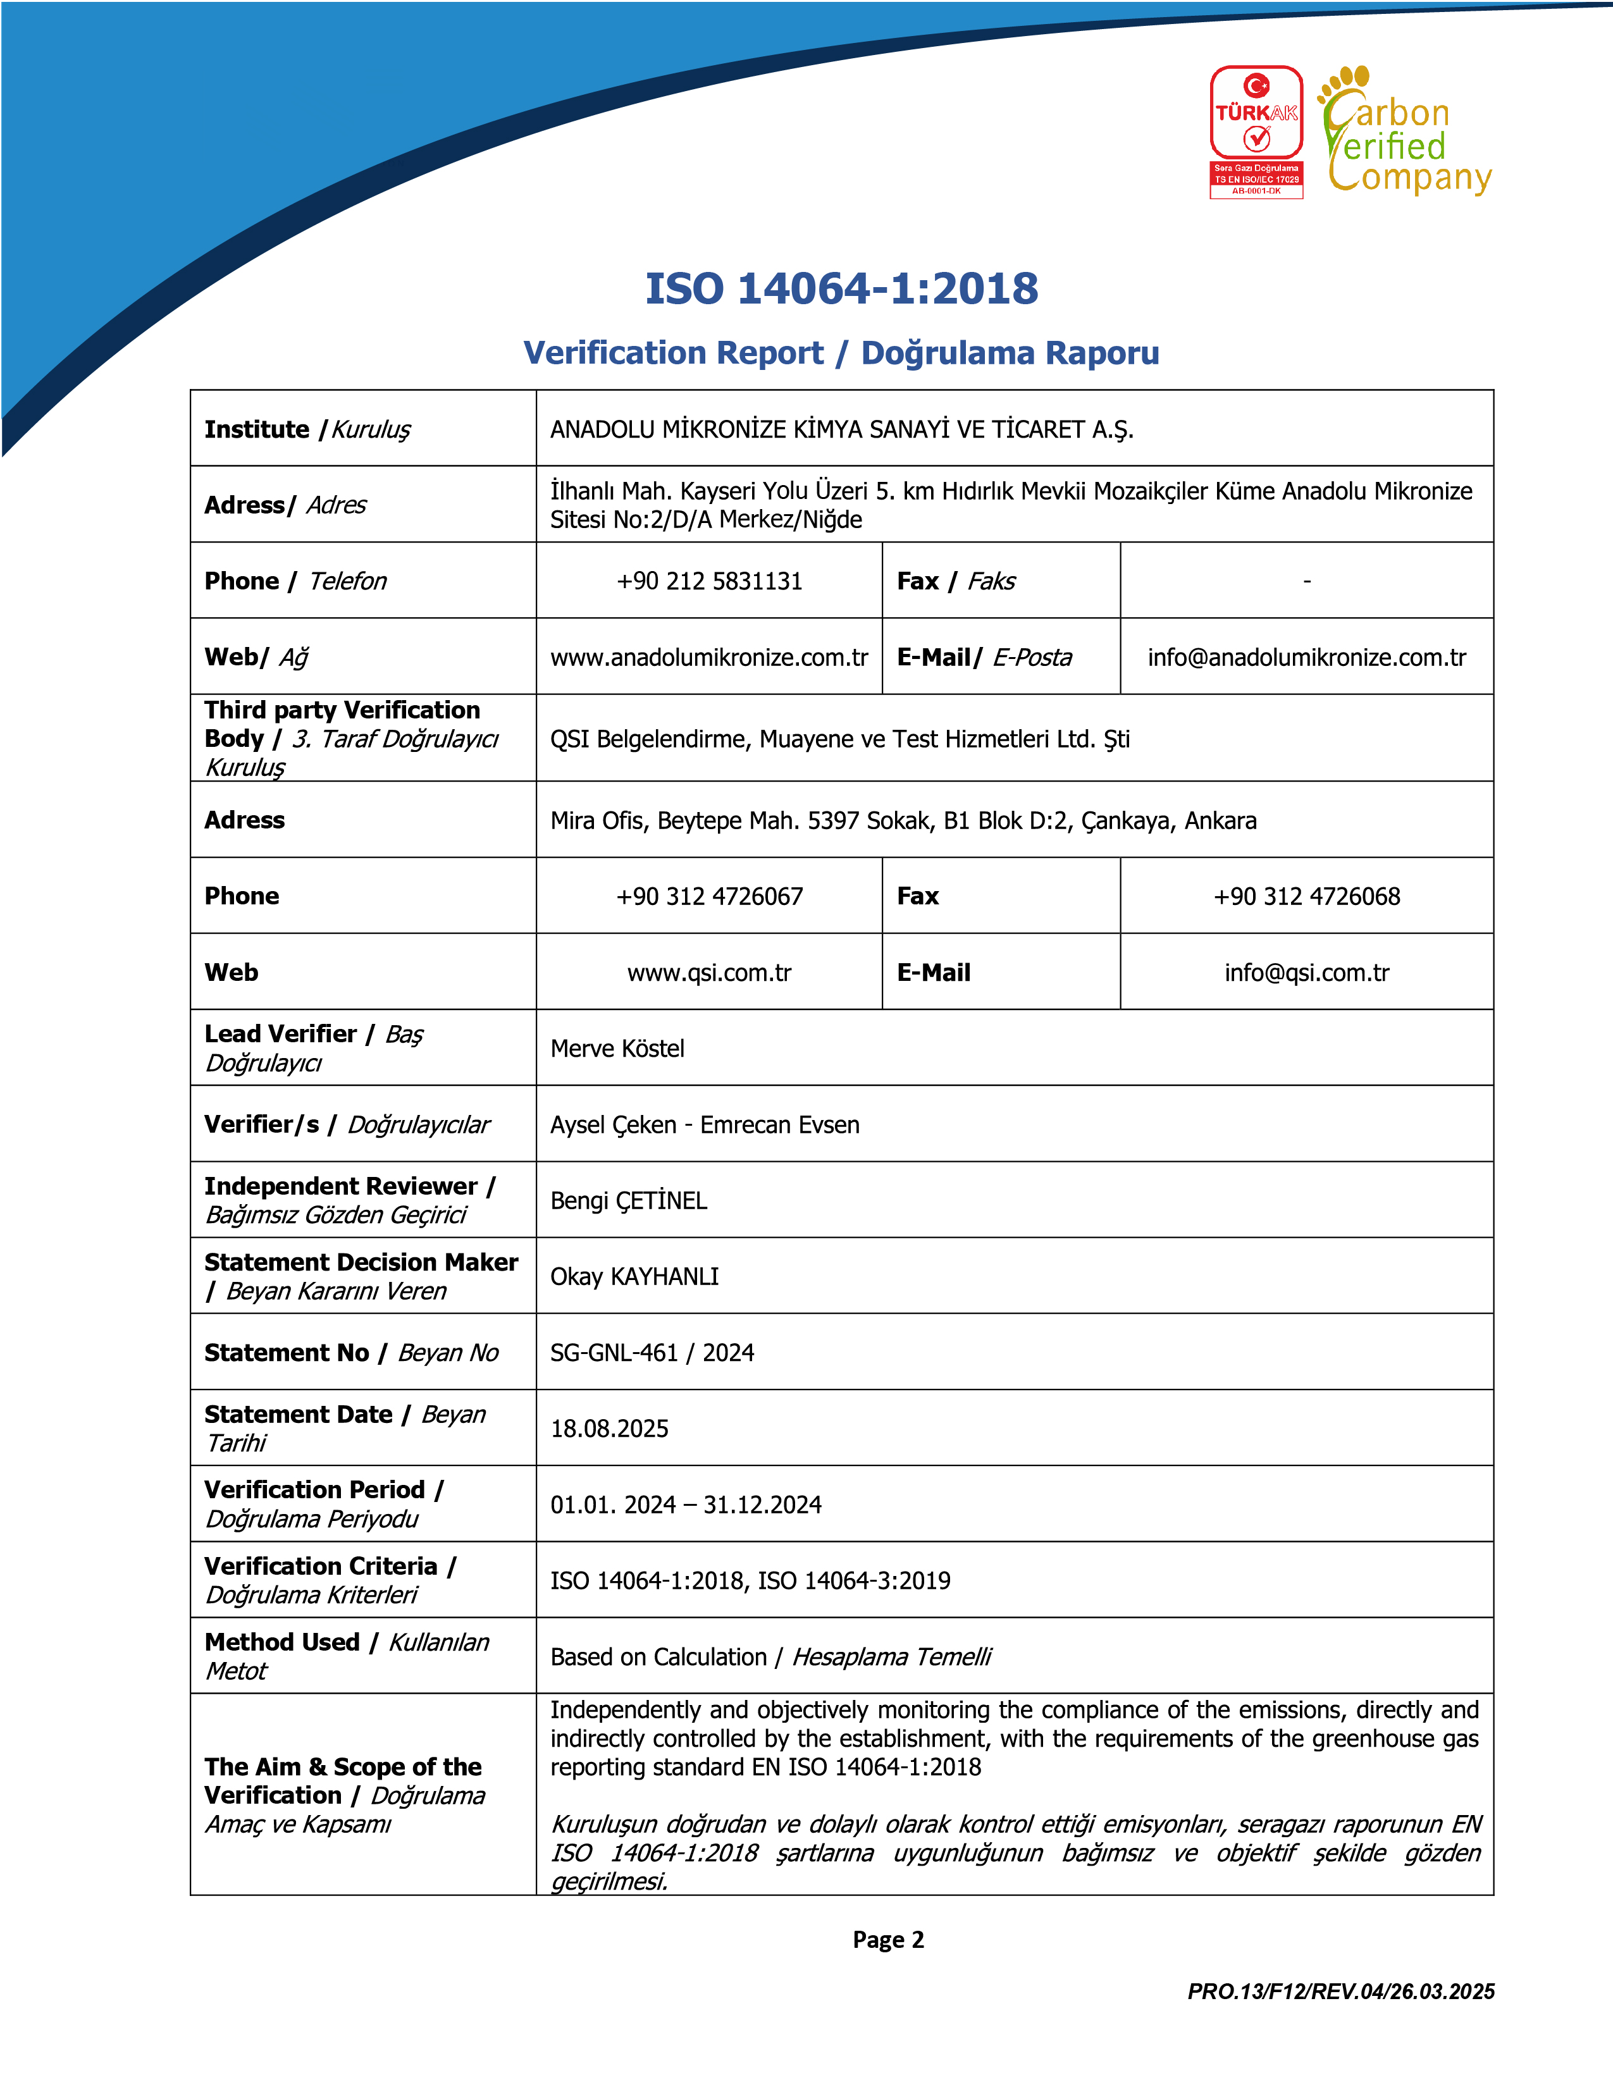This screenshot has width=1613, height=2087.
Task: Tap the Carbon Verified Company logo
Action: click(1406, 132)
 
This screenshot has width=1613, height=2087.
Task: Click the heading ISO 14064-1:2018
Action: click(841, 288)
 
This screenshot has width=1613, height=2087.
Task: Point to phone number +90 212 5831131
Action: click(709, 581)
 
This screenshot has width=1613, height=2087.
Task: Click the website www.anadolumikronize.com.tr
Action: click(709, 658)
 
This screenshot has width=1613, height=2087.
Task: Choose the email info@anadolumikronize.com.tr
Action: click(1306, 658)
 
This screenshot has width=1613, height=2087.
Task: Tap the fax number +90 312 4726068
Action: click(1306, 896)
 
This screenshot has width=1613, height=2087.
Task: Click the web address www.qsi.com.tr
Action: click(709, 973)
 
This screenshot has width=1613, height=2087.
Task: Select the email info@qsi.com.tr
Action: click(1306, 973)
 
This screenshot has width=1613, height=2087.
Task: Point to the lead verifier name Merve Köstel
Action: click(617, 1049)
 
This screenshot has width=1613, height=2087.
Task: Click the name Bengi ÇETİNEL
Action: click(629, 1200)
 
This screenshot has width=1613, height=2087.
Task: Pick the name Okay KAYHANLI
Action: click(634, 1277)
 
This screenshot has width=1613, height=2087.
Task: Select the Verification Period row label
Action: click(324, 1504)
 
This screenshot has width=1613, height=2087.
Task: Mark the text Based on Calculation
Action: click(658, 1657)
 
